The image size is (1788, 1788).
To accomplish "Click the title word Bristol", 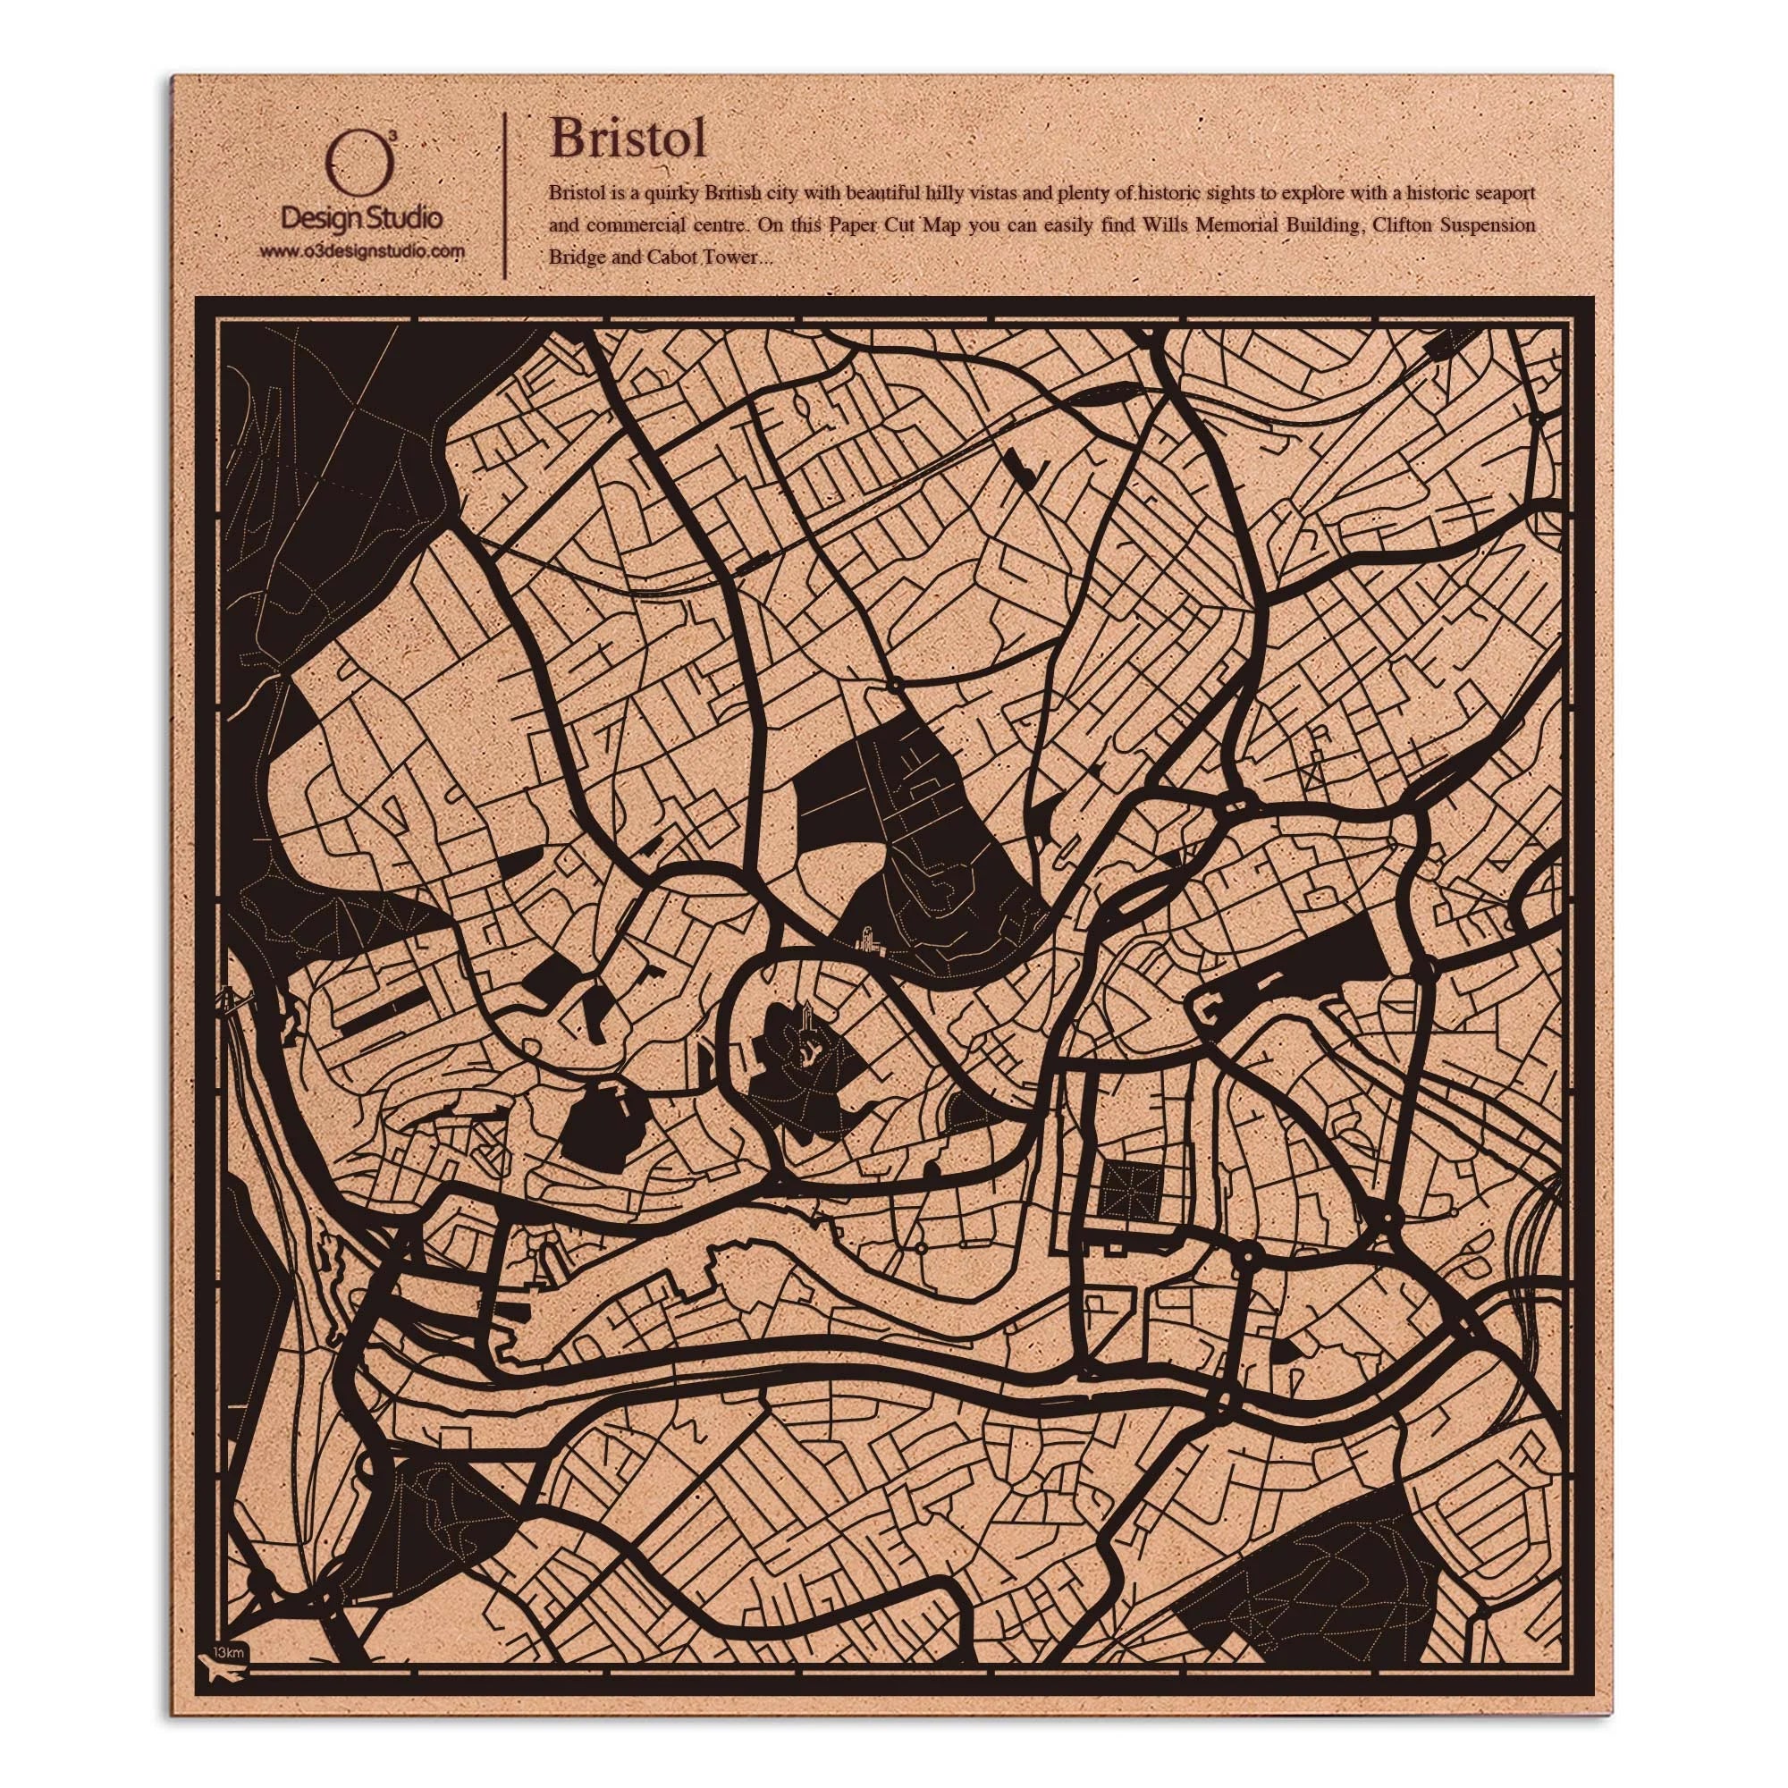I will pyautogui.click(x=628, y=139).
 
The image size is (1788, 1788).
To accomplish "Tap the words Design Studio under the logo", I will pyautogui.click(x=361, y=218).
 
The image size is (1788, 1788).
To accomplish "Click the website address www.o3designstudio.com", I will pyautogui.click(x=361, y=251).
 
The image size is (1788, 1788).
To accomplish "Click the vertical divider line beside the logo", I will pyautogui.click(x=503, y=195).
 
